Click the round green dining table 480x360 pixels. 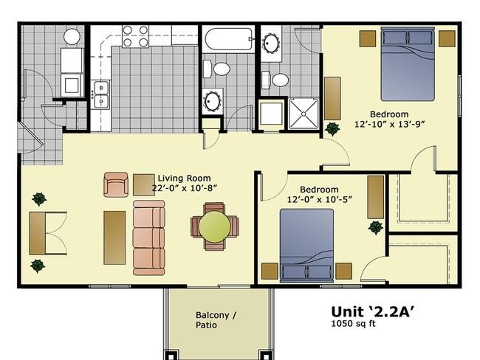pyautogui.click(x=214, y=226)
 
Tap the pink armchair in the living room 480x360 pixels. pyautogui.click(x=116, y=184)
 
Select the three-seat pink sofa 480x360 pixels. pyautogui.click(x=148, y=238)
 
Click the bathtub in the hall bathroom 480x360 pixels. pyautogui.click(x=229, y=39)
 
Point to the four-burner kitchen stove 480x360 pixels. pyautogui.click(x=136, y=36)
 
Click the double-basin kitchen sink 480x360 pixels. pyautogui.click(x=101, y=94)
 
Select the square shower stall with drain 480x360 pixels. pyautogui.click(x=304, y=114)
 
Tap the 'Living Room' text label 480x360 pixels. pyautogui.click(x=184, y=178)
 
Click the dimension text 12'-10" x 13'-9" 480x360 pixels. pyautogui.click(x=389, y=124)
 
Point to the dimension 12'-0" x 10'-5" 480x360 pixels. pyautogui.click(x=319, y=199)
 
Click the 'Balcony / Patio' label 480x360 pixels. pyautogui.click(x=216, y=320)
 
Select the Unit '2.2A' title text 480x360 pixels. pyautogui.click(x=373, y=311)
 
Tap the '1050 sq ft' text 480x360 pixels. pyautogui.click(x=354, y=324)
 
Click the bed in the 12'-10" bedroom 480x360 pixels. pyautogui.click(x=408, y=63)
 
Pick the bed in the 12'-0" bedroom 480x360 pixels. pyautogui.click(x=306, y=246)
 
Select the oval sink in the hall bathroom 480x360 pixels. pyautogui.click(x=212, y=101)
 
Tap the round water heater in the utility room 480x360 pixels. pyautogui.click(x=72, y=36)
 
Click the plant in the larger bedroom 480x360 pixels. pyautogui.click(x=332, y=129)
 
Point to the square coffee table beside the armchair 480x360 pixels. pyautogui.click(x=143, y=185)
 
